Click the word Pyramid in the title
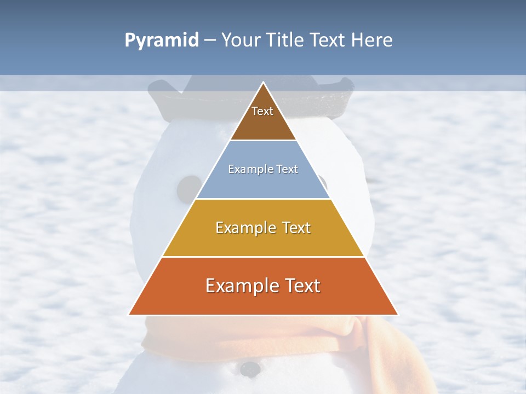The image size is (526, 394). [161, 40]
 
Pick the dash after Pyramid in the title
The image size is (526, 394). [209, 40]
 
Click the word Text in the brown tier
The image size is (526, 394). [262, 111]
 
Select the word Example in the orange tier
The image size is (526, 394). [239, 286]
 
